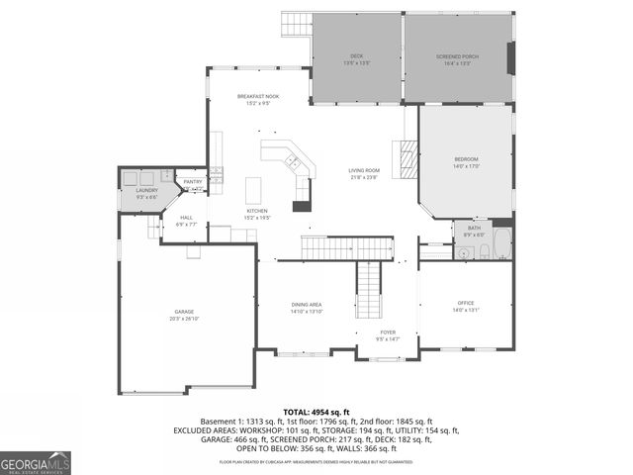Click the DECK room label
coord(356,56)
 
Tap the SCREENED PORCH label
coord(457,56)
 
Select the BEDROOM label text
coord(466,159)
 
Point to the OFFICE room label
coord(466,303)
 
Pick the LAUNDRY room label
coord(146,189)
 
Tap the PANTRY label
coord(193,182)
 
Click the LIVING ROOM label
coord(364,171)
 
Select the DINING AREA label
coord(306,304)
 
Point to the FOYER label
coord(389,332)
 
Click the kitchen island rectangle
coord(254,189)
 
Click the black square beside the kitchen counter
coord(302,207)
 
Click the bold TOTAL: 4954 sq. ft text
coord(316,411)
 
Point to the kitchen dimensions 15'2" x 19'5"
coord(257,218)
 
